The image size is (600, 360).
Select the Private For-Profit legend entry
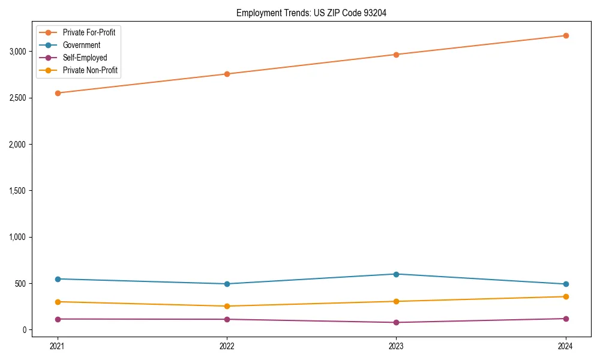click(89, 32)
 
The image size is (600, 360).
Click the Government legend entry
click(81, 45)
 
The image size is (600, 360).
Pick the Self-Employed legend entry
click(85, 58)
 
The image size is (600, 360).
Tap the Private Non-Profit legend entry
click(90, 70)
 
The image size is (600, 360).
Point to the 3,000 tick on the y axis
click(17, 52)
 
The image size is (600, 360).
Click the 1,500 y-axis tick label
click(17, 191)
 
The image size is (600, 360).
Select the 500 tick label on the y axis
click(22, 283)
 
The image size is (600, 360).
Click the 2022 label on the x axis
click(227, 346)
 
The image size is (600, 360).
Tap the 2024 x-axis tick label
click(565, 346)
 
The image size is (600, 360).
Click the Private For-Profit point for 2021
click(58, 93)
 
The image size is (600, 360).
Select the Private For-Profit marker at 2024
click(565, 35)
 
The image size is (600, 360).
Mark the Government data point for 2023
click(396, 274)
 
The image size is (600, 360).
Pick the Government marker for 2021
click(58, 279)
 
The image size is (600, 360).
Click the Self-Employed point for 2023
click(396, 322)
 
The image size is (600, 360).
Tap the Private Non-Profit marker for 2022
click(227, 306)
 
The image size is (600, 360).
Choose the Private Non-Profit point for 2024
click(565, 296)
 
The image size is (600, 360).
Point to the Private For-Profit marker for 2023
click(396, 55)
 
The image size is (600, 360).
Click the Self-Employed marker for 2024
click(565, 319)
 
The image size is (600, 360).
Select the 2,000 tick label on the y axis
click(17, 145)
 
